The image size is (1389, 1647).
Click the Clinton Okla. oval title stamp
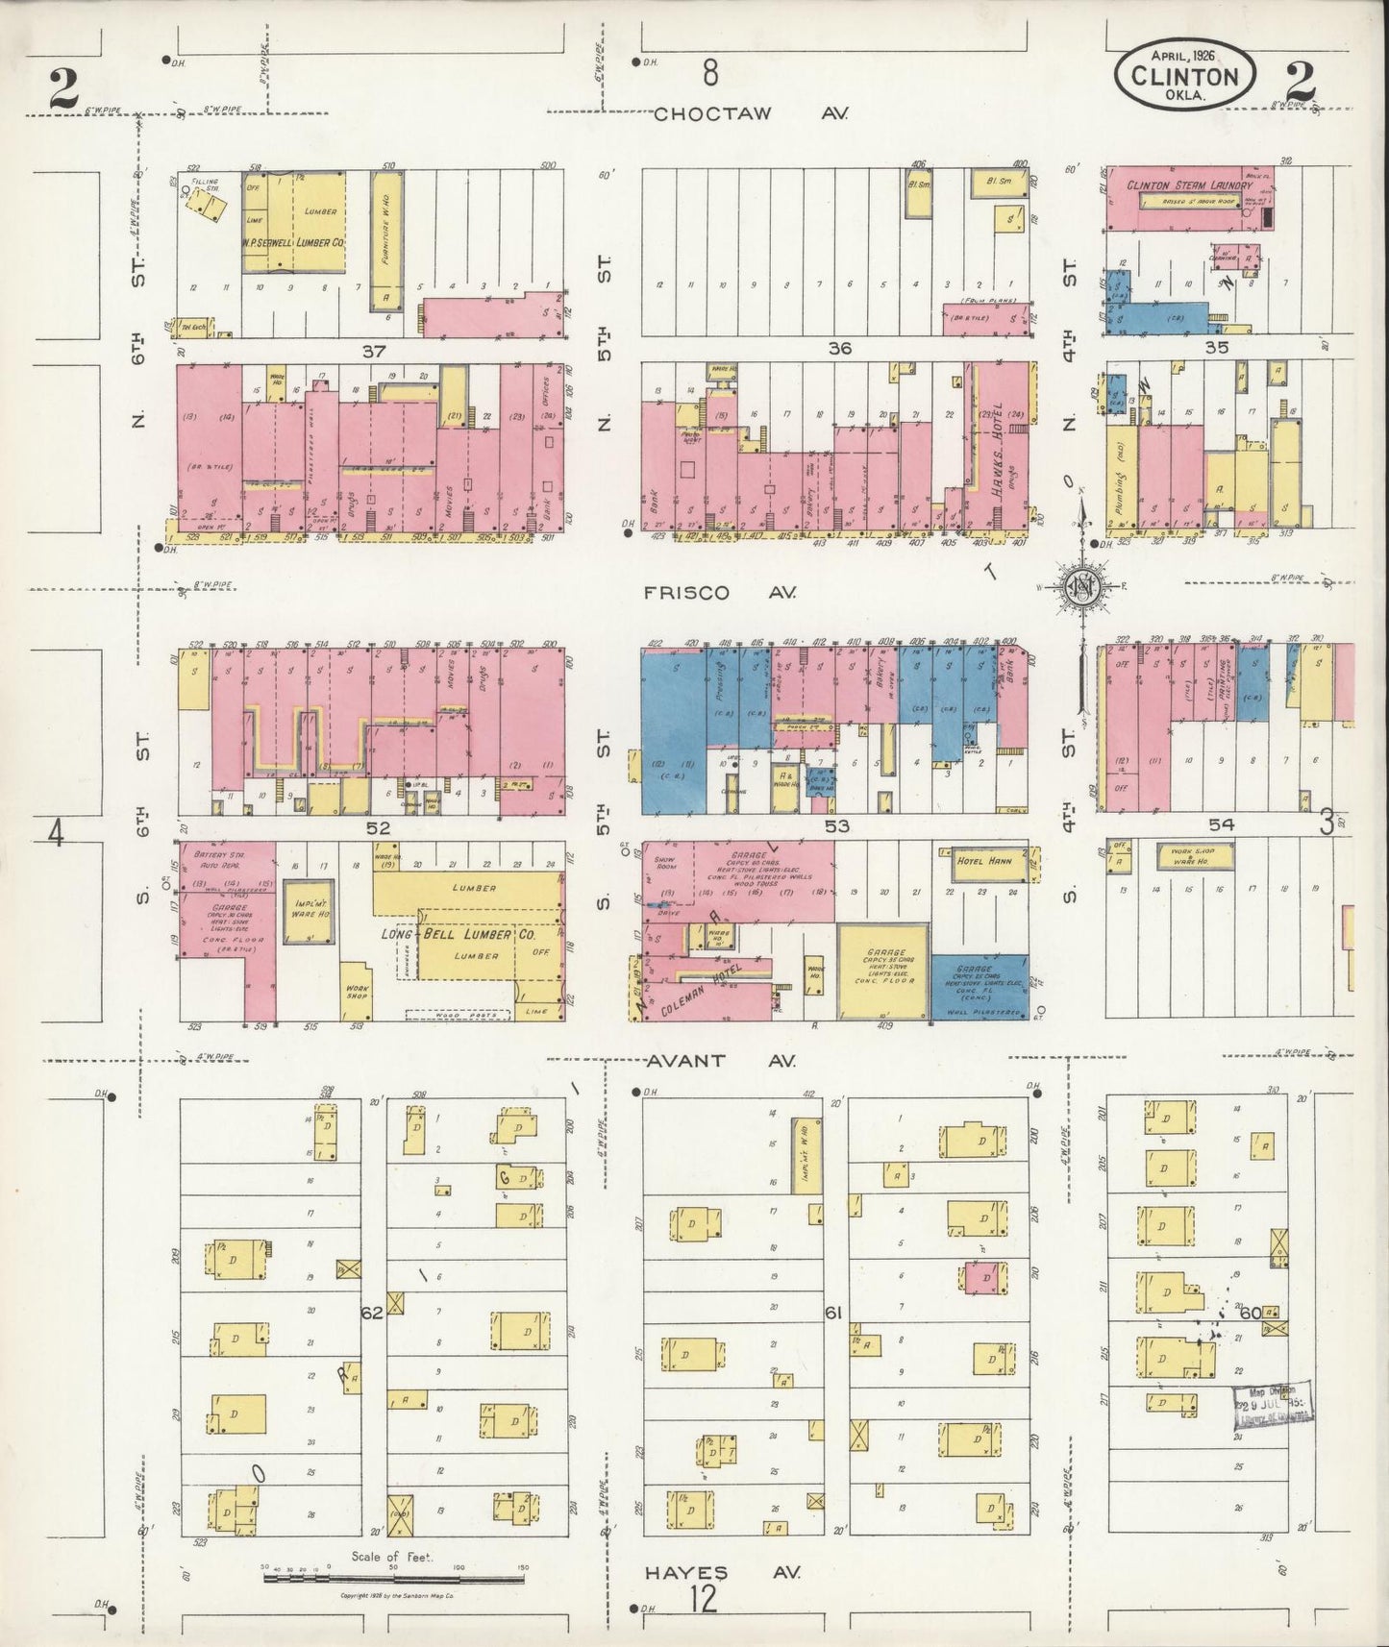pyautogui.click(x=1184, y=76)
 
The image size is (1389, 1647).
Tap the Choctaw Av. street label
pyautogui.click(x=751, y=113)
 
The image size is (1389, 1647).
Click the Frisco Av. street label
pyautogui.click(x=720, y=593)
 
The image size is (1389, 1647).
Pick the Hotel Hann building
pyautogui.click(x=980, y=862)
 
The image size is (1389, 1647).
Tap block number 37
pyautogui.click(x=373, y=351)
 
